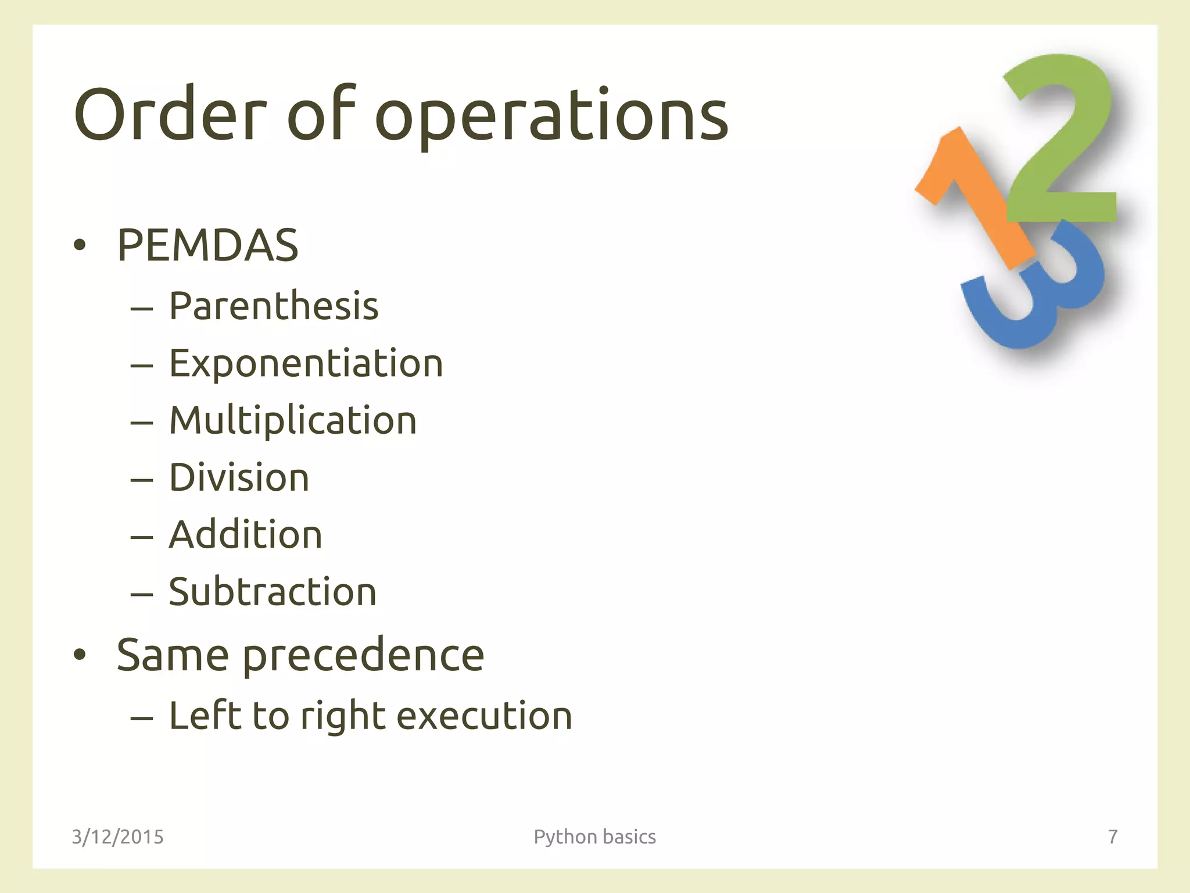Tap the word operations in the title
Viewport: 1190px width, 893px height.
pos(552,116)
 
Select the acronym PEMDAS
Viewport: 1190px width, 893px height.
pos(207,245)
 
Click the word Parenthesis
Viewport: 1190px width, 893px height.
pos(274,306)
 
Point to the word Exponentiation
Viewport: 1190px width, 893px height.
pos(306,363)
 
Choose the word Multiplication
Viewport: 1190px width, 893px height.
pos(293,420)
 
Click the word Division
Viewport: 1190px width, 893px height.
pos(239,477)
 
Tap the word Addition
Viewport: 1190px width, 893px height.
pos(245,534)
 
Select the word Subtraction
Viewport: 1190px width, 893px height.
pos(273,592)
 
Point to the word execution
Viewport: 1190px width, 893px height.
pos(484,716)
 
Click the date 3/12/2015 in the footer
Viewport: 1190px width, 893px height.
pos(117,837)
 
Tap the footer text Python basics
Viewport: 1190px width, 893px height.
pos(594,837)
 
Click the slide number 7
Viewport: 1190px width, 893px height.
pos(1112,837)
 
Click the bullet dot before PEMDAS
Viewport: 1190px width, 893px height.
pos(80,246)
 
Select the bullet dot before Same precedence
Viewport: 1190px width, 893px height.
pos(80,655)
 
